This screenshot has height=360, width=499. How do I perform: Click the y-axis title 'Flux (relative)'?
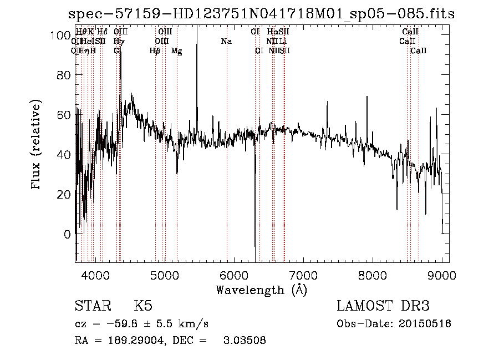(x=37, y=146)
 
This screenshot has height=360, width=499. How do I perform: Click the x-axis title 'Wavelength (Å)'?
(x=261, y=290)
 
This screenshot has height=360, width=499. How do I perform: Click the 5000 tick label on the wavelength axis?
(x=164, y=275)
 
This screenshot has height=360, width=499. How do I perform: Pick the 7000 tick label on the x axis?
(x=303, y=275)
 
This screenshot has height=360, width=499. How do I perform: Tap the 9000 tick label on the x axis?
(x=441, y=275)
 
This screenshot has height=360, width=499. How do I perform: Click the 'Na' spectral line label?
(x=226, y=41)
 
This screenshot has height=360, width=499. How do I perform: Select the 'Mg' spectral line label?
(x=176, y=51)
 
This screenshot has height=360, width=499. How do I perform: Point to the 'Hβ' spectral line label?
(x=155, y=51)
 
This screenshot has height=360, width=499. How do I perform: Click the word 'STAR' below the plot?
(x=91, y=306)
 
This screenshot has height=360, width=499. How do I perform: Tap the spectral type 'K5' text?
(x=143, y=306)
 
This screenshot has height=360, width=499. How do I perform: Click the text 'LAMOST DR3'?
(x=383, y=306)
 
